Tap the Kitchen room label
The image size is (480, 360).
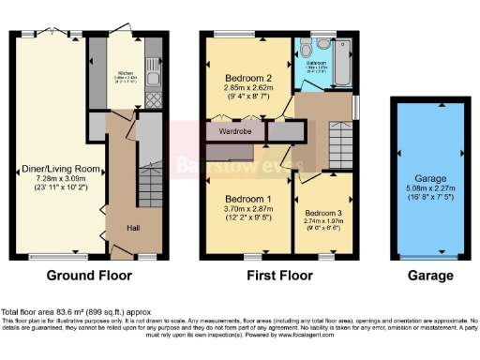pos(126,69)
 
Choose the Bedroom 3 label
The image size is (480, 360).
pos(323,213)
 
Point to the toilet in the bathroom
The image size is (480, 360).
pos(322,44)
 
